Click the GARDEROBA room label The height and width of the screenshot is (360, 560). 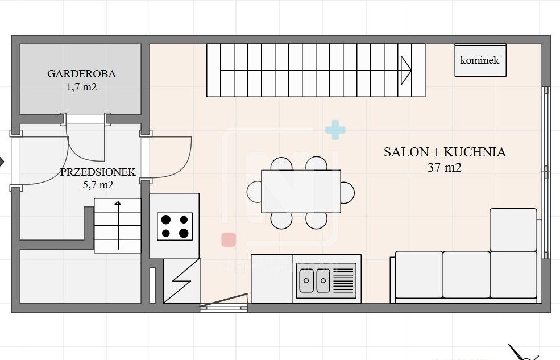[x=81, y=73]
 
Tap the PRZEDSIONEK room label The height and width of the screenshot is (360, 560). [x=98, y=172]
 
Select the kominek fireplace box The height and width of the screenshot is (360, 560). [x=480, y=60]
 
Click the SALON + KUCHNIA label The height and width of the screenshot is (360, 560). [x=445, y=152]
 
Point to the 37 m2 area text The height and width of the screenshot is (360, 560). [x=445, y=168]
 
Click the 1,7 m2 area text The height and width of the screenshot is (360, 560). [x=81, y=87]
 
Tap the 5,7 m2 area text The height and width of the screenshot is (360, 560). [x=98, y=185]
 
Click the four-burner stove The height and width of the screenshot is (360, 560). [x=175, y=226]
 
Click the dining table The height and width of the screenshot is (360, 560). [x=301, y=191]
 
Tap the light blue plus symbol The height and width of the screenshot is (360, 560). [x=335, y=130]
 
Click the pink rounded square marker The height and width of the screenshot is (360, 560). [x=229, y=239]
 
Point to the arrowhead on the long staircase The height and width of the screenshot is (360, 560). [x=406, y=71]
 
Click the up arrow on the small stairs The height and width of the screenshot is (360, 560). [x=118, y=226]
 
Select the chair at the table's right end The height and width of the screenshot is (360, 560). [x=347, y=193]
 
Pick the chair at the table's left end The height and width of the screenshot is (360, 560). [x=254, y=192]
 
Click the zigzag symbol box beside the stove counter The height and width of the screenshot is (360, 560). [x=181, y=281]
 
